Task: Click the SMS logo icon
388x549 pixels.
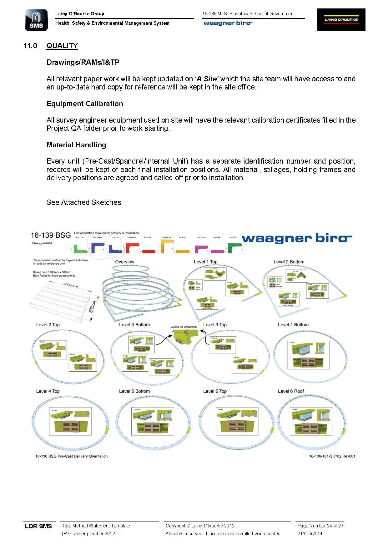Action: point(36,20)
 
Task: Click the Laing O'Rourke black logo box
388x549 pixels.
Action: point(341,19)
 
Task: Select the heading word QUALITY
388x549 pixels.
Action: point(62,46)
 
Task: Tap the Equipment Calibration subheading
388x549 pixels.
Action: point(85,104)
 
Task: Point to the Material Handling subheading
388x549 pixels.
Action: point(76,145)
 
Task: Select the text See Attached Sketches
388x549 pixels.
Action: point(84,202)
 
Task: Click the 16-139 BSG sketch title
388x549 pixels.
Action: point(51,235)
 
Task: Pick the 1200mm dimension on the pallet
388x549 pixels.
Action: point(70,285)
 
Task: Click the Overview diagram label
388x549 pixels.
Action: point(124,262)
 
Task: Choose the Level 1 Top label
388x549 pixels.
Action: point(205,262)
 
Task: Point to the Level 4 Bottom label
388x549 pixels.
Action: point(293,325)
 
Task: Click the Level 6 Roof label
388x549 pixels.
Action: point(291,391)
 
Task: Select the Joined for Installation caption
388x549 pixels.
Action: point(184,327)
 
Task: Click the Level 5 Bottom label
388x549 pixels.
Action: point(134,391)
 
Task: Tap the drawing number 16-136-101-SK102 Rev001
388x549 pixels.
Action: point(332,456)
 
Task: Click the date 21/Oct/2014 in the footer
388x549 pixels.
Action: point(310,534)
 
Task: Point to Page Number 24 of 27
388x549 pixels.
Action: point(320,526)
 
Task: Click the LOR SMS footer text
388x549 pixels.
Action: point(38,526)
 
